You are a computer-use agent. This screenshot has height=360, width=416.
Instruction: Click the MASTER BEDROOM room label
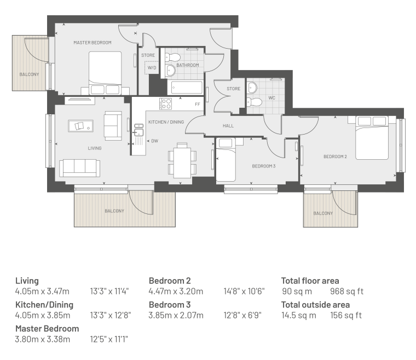click(93, 43)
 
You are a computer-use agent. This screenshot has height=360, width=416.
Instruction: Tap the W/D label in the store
click(152, 68)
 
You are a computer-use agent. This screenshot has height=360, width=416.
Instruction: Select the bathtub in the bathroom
click(187, 88)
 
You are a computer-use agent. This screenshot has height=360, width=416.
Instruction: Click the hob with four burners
click(165, 103)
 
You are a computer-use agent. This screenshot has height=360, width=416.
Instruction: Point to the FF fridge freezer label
click(198, 104)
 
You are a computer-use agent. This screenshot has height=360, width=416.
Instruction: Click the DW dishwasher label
click(155, 141)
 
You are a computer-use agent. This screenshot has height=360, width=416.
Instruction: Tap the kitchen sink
click(138, 130)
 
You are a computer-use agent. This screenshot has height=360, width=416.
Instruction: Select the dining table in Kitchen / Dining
click(182, 163)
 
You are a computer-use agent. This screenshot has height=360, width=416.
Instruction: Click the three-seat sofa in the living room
click(79, 168)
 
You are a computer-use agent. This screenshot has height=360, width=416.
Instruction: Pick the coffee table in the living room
click(80, 126)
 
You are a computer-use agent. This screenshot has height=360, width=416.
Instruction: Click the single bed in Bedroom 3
click(226, 160)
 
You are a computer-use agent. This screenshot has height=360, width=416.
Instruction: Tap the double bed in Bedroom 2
click(372, 138)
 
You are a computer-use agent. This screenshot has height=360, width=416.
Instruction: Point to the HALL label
click(228, 126)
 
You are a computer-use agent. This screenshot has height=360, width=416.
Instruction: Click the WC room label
click(271, 98)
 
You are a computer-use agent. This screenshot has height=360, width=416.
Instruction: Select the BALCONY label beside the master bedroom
click(29, 74)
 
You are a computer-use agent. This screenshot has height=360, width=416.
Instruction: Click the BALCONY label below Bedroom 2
click(323, 213)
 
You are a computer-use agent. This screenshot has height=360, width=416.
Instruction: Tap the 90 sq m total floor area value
click(297, 292)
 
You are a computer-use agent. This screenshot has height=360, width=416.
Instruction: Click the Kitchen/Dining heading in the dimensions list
click(44, 305)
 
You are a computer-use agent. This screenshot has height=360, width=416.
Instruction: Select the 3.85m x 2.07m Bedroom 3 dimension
click(176, 315)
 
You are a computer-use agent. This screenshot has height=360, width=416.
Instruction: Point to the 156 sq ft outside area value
click(346, 315)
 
